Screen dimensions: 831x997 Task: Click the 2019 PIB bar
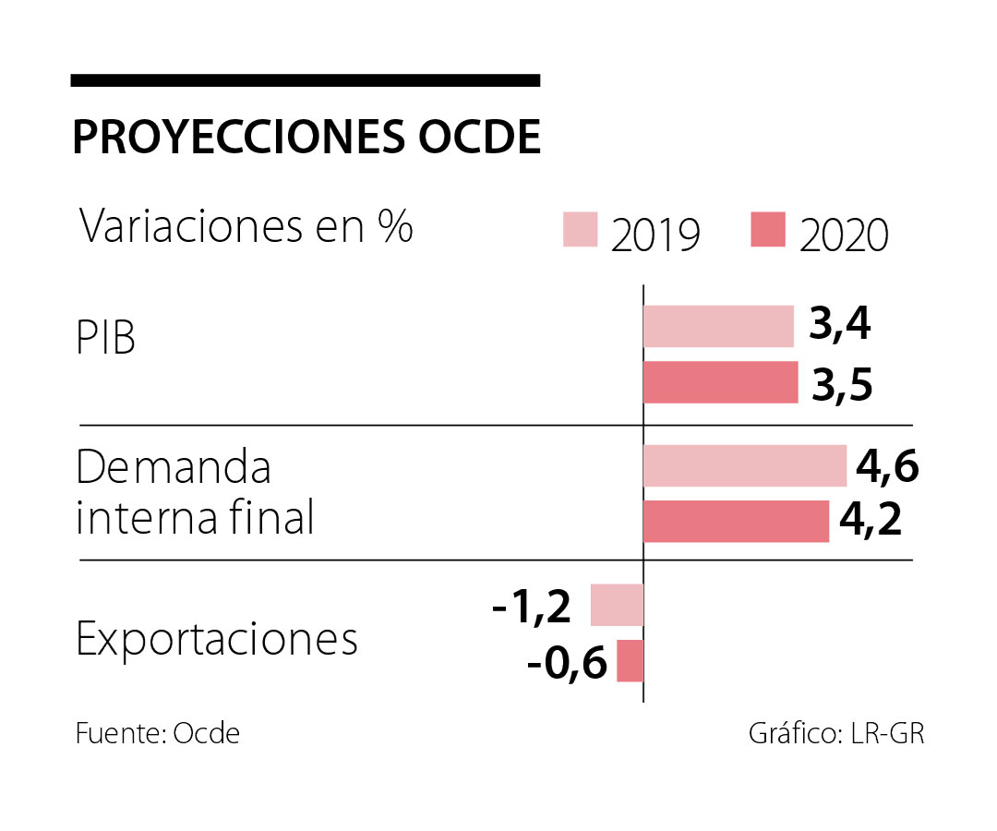click(718, 326)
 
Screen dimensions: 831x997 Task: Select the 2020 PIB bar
click(720, 382)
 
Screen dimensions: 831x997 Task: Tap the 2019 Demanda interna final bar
click(744, 465)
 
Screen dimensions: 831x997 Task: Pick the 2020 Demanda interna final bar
click(736, 522)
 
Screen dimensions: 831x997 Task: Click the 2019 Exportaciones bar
click(617, 605)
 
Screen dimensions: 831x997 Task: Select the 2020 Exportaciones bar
click(630, 661)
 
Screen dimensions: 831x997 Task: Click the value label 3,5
click(842, 382)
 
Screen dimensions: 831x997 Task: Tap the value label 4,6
click(887, 466)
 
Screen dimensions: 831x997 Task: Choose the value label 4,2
click(870, 522)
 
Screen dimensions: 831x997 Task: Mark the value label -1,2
click(533, 606)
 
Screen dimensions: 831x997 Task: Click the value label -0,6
click(567, 663)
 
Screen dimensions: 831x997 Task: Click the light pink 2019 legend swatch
click(581, 230)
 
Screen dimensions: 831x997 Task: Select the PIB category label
click(105, 339)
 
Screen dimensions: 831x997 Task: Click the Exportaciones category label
click(217, 639)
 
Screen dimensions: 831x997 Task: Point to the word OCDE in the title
click(479, 138)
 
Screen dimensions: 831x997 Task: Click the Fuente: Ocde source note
click(158, 734)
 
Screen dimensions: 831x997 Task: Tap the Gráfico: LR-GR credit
click(835, 734)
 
